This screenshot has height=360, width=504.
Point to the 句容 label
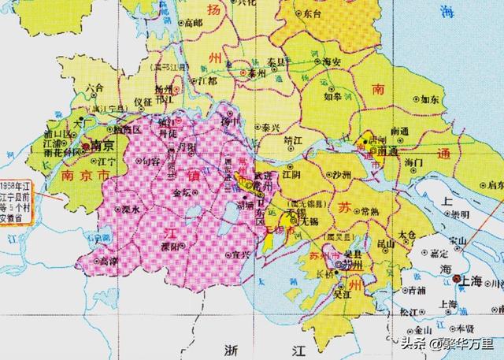coord(150,161)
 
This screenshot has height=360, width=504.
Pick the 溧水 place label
coord(131,210)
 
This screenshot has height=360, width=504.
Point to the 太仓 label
coord(407,234)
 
